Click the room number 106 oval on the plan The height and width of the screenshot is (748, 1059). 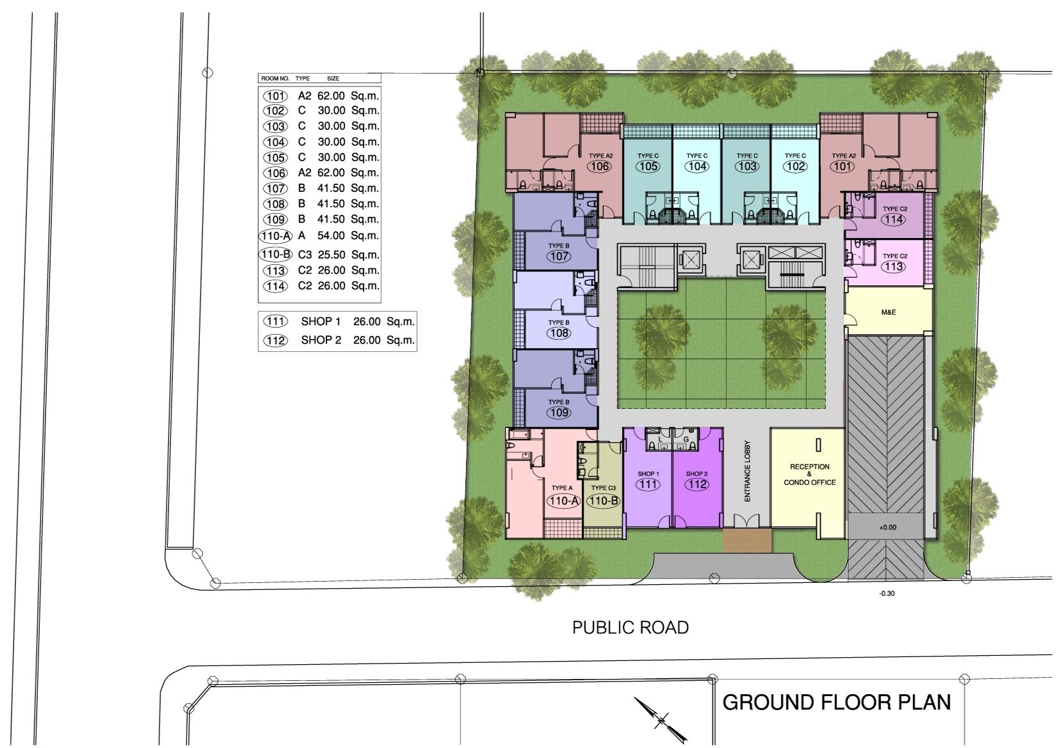click(600, 166)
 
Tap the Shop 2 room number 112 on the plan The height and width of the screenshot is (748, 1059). click(697, 484)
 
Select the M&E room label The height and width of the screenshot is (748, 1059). click(888, 312)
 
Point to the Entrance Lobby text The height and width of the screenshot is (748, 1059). click(747, 471)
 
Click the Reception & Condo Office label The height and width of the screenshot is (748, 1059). click(810, 474)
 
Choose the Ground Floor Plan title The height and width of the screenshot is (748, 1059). click(837, 703)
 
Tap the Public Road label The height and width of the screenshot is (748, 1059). click(630, 628)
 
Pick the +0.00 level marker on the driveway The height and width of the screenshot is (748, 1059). click(887, 527)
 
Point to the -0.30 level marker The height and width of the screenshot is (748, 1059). click(887, 594)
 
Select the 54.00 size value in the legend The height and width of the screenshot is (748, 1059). click(331, 235)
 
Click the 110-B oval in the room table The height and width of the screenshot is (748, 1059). click(275, 254)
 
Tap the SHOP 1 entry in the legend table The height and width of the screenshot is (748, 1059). click(321, 322)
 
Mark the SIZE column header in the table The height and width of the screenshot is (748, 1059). click(333, 79)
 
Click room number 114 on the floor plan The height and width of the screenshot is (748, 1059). click(894, 219)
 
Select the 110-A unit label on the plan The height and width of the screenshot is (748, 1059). click(563, 502)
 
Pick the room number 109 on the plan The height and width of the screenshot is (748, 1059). click(559, 413)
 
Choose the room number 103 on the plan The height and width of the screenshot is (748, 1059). click(747, 166)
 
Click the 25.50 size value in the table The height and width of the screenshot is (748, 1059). click(331, 255)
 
